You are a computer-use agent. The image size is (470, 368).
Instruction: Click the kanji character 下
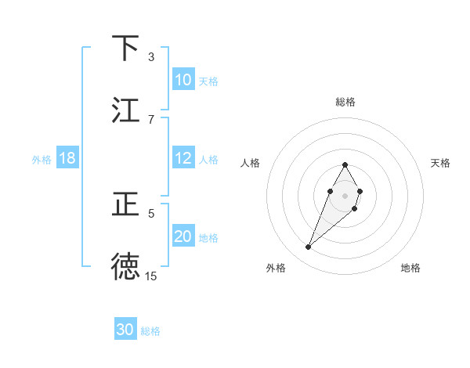point(126,49)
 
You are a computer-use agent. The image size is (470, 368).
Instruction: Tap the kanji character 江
point(126,110)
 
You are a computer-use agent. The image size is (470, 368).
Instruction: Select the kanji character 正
point(126,204)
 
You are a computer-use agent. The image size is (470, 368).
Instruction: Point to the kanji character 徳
point(126,266)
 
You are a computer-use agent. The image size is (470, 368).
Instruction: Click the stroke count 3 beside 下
point(151,56)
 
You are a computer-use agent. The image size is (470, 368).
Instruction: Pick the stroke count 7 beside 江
point(151,119)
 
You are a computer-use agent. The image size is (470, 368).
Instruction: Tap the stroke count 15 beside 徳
point(151,276)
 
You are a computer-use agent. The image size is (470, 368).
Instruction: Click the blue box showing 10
point(183,80)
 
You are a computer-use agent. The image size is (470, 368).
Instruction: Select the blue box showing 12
point(183,158)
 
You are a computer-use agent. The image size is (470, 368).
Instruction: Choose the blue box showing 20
point(183,236)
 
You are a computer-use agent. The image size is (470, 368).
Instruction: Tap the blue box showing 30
point(125,330)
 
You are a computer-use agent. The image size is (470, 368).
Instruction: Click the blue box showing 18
point(67,158)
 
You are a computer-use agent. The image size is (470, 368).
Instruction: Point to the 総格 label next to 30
point(150,331)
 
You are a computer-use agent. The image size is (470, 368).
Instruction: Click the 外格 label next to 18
point(42,160)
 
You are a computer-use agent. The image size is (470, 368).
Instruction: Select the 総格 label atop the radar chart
point(345,102)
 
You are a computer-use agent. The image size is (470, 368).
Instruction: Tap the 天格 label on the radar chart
point(441,163)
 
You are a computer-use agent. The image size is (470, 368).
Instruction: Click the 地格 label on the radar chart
point(411,268)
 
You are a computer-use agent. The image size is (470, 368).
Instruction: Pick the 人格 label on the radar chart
point(250,163)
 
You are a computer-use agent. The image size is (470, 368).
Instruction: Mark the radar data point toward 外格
point(309,247)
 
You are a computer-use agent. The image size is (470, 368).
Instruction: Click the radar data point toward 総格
point(345,164)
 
